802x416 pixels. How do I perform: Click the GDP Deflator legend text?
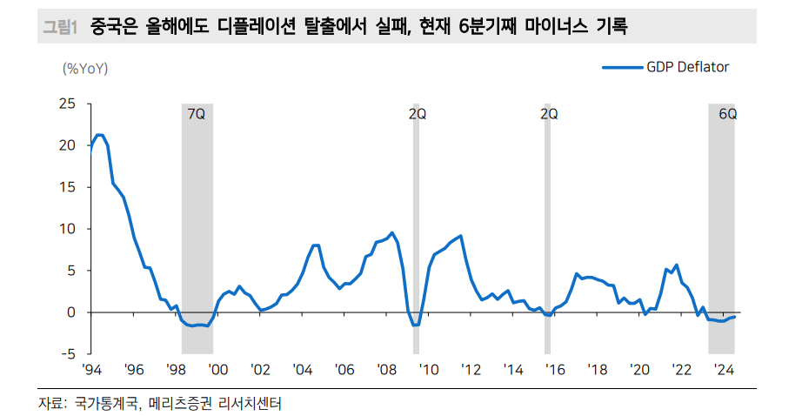(x=687, y=67)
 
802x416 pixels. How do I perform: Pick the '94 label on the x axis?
(x=91, y=370)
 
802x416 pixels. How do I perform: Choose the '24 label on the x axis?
(x=722, y=370)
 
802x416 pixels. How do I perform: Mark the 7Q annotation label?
(x=197, y=114)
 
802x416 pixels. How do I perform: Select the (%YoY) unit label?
(x=85, y=67)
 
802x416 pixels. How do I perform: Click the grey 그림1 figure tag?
(x=60, y=28)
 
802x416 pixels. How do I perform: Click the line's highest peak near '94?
(x=99, y=135)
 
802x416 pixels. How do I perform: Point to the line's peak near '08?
(x=392, y=232)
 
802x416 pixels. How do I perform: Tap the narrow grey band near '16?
(x=547, y=226)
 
